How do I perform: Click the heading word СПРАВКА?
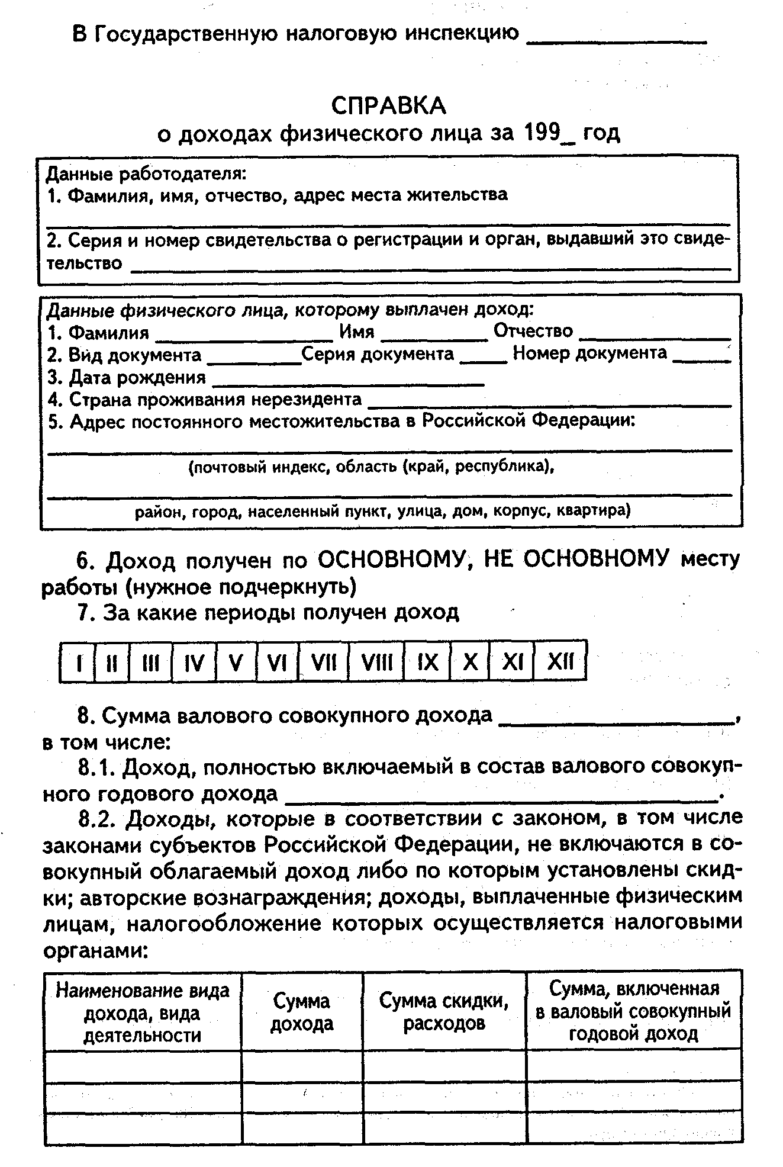click(388, 106)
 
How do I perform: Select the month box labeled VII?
click(324, 661)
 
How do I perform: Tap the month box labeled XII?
click(560, 661)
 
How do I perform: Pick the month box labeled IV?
click(194, 661)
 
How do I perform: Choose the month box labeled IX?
click(427, 661)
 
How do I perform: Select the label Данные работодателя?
click(146, 174)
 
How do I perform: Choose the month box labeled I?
click(78, 661)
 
